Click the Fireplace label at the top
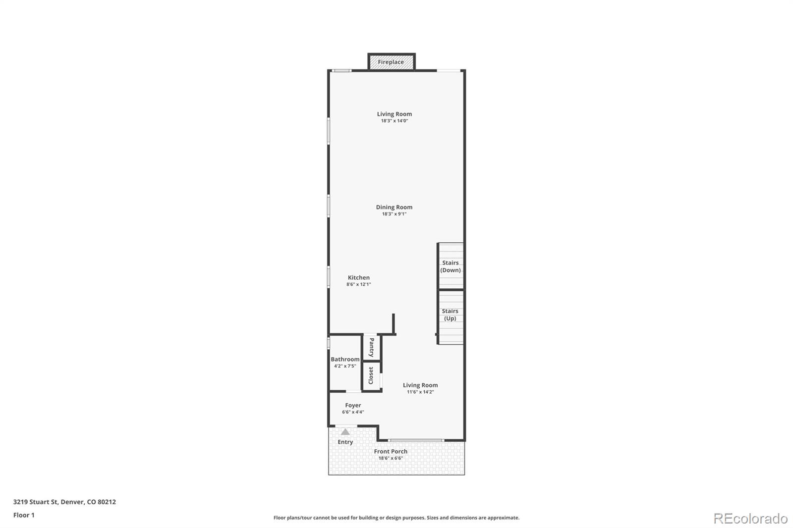(x=391, y=62)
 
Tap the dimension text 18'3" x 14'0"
(x=395, y=121)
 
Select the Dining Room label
(x=394, y=207)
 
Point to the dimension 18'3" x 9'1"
(x=394, y=214)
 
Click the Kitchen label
(x=359, y=277)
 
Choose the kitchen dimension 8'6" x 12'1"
(x=359, y=284)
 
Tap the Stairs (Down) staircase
(x=451, y=266)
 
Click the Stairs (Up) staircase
(x=451, y=317)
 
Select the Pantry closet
(x=371, y=347)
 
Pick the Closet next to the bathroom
(x=371, y=375)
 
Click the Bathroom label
(x=345, y=359)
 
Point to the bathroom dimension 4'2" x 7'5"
(x=345, y=366)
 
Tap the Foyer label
(x=353, y=405)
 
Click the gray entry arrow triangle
(x=345, y=432)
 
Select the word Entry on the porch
(x=345, y=442)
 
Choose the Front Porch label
(x=391, y=451)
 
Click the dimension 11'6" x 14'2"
(x=420, y=392)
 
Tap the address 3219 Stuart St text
(x=35, y=502)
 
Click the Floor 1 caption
(x=24, y=515)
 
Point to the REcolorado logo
(x=750, y=519)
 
